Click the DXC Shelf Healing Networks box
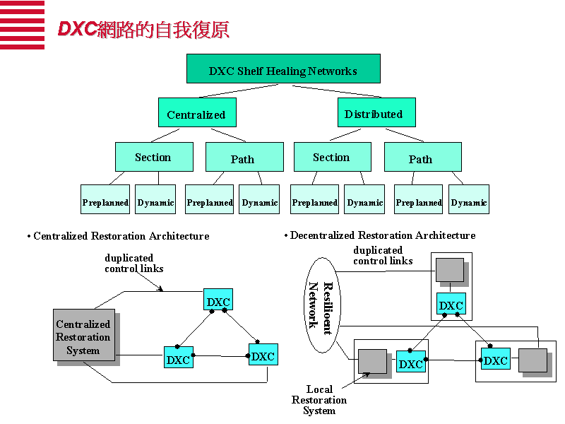pos(283,69)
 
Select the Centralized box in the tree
pos(196,113)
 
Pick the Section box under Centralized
pos(154,157)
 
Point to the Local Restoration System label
pos(319,400)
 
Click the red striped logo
pos(22,25)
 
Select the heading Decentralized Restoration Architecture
pos(382,235)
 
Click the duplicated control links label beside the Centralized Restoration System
pos(134,263)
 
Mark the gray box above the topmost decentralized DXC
pos(449,270)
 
